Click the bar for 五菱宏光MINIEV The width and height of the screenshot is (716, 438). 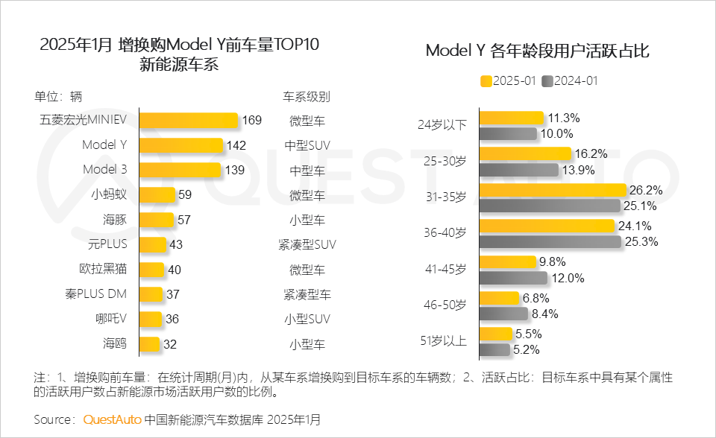[189, 120]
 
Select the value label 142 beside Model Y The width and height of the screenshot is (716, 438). [236, 145]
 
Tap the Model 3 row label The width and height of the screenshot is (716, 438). [104, 169]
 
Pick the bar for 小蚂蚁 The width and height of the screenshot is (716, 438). [157, 195]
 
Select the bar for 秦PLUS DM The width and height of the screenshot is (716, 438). [151, 294]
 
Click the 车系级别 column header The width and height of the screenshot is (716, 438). [306, 97]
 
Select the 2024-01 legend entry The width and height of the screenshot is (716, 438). [571, 81]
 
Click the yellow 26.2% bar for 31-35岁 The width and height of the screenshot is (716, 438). [552, 190]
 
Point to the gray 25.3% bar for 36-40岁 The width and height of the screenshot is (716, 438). [550, 241]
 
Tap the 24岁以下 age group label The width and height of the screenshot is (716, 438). [442, 124]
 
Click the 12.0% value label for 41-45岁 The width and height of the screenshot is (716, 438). [568, 278]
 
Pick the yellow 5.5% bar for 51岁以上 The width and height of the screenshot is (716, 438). [495, 334]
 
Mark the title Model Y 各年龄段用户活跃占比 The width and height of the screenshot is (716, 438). [537, 51]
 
